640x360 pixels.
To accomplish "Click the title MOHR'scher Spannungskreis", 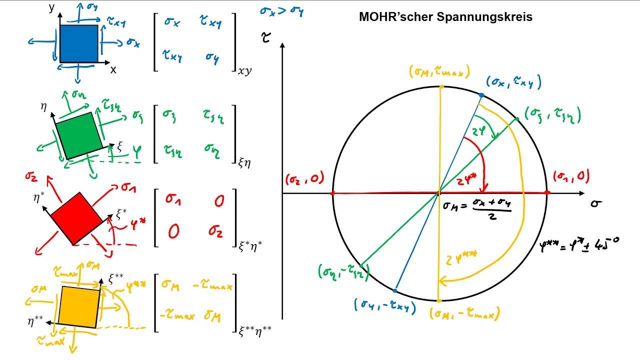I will [446, 17].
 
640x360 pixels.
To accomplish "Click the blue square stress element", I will [78, 44].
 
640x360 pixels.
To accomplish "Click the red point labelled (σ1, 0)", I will [547, 193].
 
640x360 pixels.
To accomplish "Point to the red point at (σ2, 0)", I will [332, 193].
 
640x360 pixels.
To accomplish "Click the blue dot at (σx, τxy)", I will [481, 95].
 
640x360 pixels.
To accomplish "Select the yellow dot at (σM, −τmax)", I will [439, 300].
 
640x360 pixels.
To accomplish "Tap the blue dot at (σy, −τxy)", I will [395, 290].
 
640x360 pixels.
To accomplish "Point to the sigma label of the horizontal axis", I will [595, 203].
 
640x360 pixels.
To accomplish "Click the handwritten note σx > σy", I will [281, 10].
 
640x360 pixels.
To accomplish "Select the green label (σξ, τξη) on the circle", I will [552, 115].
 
